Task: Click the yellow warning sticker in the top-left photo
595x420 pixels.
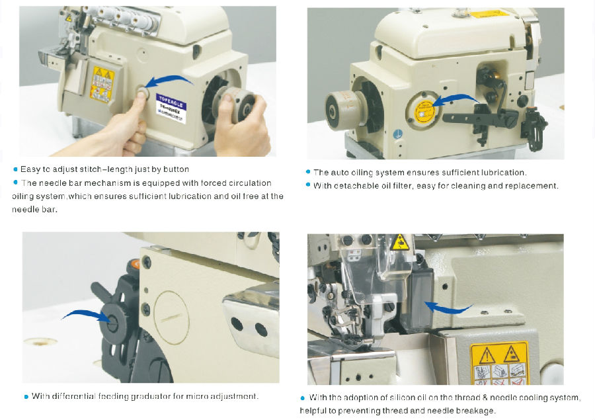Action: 102,83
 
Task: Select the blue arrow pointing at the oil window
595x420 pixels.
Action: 456,99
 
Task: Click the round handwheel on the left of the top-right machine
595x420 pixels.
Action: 342,109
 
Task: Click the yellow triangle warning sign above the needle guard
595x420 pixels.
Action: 400,243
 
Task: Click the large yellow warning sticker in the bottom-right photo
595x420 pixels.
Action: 499,363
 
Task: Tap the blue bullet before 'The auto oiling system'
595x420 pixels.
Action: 308,172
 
